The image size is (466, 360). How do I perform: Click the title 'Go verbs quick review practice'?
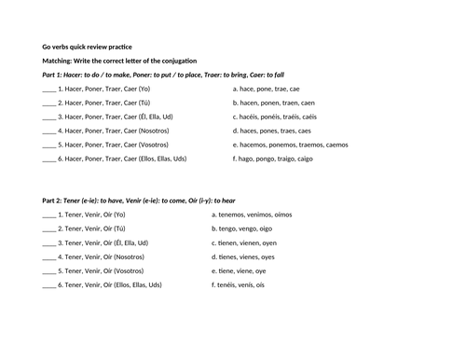click(87, 44)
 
